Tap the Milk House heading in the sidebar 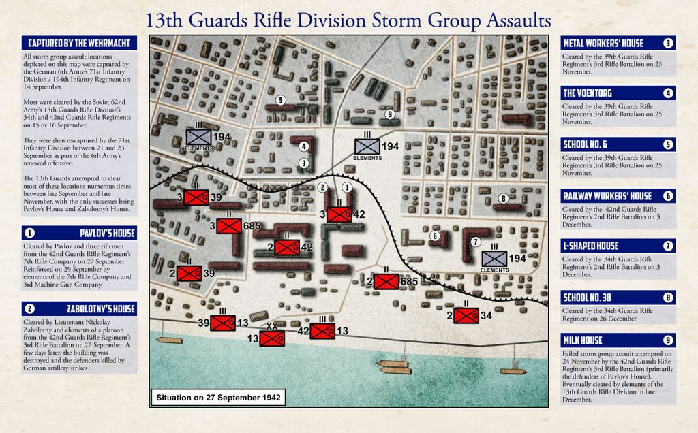pos(582,340)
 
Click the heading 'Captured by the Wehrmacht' pos(78,44)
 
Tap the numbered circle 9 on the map pos(389,114)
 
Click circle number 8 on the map pos(503,198)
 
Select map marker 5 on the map pos(279,100)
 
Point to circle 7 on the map pos(476,242)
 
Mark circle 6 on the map pos(434,236)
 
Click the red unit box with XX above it pos(272,338)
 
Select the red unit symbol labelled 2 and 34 pos(466,315)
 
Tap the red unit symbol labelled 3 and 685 pos(229,226)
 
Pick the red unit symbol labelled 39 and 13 pos(223,323)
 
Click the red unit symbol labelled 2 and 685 pos(386,281)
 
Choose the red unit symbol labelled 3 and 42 pos(339,214)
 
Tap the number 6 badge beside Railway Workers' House pos(668,196)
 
